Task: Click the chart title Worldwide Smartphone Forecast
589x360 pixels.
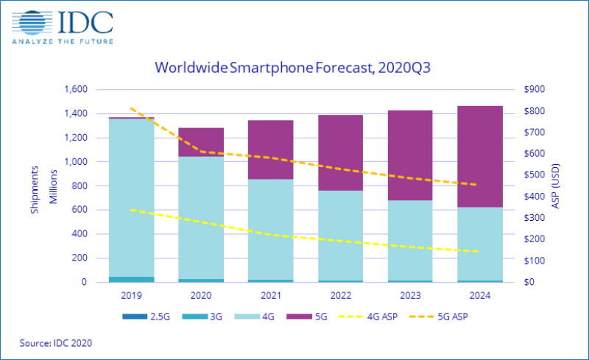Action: point(292,68)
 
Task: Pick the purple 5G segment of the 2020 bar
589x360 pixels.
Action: point(201,142)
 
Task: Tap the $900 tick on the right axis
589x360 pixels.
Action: point(535,90)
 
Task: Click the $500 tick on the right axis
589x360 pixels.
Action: point(535,175)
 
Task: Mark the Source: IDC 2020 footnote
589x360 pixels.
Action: point(56,343)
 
